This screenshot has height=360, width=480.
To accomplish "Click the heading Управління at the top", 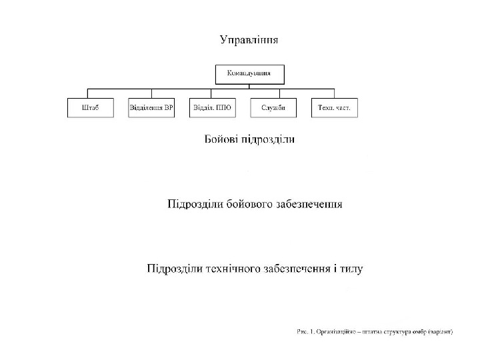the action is pos(249,40).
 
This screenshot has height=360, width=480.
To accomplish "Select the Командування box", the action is pos(249,73).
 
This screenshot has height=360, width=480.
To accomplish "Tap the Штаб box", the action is pos(90,108).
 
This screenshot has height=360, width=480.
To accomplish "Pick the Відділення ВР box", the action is pos(151,108).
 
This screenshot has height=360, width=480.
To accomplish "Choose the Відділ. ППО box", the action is pos(212,108).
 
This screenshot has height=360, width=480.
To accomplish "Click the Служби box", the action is pos(273,108).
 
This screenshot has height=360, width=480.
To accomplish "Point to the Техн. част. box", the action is pos(334,108).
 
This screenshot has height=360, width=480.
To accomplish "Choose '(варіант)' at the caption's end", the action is pos(441,331).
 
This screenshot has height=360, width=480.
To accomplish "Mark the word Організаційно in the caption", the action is pos(337,331).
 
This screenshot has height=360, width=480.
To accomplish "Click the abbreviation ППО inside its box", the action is pos(221,108).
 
